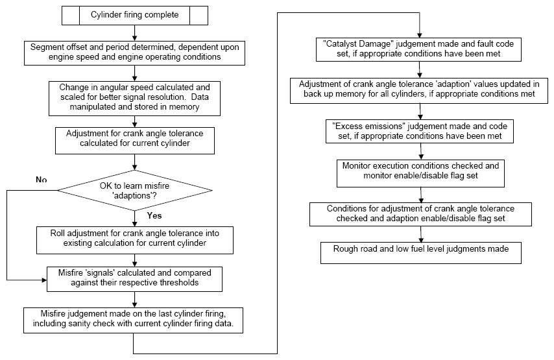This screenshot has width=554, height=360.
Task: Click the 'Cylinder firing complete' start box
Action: click(x=135, y=16)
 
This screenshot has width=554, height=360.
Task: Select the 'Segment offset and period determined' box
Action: click(x=134, y=53)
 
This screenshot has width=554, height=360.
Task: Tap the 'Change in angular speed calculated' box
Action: click(x=134, y=99)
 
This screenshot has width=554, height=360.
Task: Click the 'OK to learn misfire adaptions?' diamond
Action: click(x=135, y=191)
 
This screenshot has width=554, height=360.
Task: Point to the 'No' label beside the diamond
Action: click(x=42, y=180)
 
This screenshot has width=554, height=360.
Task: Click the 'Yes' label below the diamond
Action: click(x=154, y=215)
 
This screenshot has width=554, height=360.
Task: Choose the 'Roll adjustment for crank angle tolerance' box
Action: click(x=135, y=240)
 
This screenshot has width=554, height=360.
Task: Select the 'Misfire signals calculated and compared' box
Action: click(x=135, y=279)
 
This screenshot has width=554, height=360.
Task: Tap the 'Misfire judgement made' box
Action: click(x=133, y=320)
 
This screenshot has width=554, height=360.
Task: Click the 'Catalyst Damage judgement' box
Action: click(x=418, y=49)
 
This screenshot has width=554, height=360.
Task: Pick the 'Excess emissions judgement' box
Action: click(x=419, y=132)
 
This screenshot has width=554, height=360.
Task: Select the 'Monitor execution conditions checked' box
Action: click(x=420, y=173)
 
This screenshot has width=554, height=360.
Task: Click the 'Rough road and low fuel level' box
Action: click(x=421, y=252)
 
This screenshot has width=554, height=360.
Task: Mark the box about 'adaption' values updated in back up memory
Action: click(x=418, y=91)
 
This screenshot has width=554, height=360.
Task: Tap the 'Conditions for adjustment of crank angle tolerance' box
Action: click(x=420, y=215)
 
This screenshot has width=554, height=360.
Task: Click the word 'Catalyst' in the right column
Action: click(x=342, y=44)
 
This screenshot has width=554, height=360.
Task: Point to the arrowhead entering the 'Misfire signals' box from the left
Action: click(x=44, y=280)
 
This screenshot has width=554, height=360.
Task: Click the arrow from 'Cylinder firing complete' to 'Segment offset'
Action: click(x=134, y=33)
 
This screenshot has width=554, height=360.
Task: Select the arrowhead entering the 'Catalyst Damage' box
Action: click(x=419, y=35)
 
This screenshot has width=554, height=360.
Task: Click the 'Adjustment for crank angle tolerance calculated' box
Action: click(x=135, y=141)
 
